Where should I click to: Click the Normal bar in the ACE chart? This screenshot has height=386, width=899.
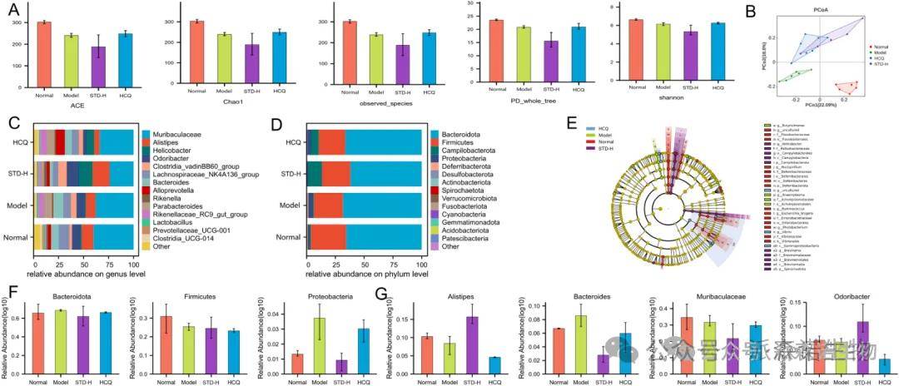click(44, 54)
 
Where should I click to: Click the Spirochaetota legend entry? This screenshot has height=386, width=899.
click(469, 191)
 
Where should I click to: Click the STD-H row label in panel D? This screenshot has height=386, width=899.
click(290, 173)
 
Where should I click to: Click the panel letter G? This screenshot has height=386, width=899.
click(380, 293)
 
